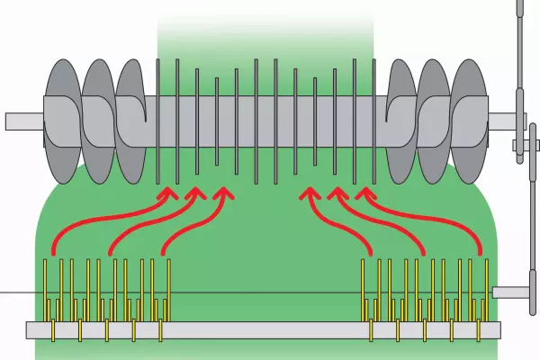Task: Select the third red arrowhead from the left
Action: click(222, 193)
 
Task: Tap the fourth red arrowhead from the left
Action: click(310, 193)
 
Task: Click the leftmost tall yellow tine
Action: click(47, 288)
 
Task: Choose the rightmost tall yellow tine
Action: click(487, 288)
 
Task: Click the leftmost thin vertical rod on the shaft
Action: click(158, 117)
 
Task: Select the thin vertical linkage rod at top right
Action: click(518, 54)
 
